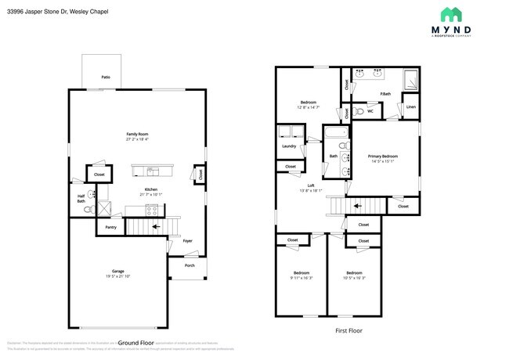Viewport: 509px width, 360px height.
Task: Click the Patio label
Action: [x=105, y=77]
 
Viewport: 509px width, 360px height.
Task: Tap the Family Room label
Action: [x=137, y=135]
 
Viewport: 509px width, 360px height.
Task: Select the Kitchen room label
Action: [x=149, y=190]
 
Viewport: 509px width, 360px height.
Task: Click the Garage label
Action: [x=117, y=272]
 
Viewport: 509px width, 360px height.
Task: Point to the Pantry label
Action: [x=110, y=228]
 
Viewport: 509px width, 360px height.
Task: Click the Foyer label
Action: [x=187, y=240]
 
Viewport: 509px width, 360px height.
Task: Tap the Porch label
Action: [x=190, y=265]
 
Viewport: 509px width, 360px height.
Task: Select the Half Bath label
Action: [x=81, y=198]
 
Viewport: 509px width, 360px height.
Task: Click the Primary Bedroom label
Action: [x=383, y=157]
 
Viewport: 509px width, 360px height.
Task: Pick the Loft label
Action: [x=311, y=185]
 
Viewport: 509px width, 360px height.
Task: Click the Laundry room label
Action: [x=287, y=146]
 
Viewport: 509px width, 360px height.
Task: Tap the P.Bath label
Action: [x=385, y=95]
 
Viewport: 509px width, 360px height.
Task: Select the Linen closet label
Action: [x=410, y=107]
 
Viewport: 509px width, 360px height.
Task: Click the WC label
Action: [x=370, y=111]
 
